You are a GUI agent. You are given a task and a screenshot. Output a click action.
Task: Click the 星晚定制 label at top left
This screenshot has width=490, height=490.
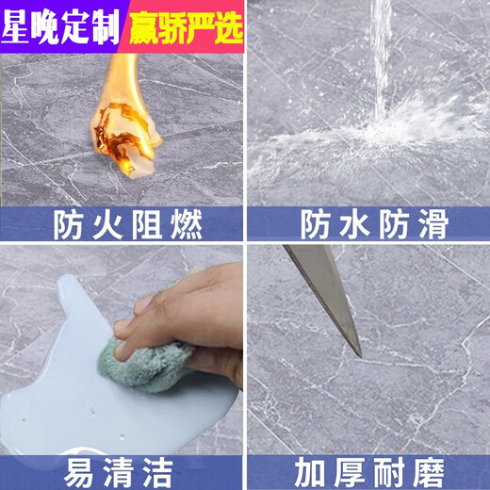[x=60, y=26]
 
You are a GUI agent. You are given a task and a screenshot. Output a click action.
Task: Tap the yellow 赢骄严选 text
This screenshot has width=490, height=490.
[x=185, y=26]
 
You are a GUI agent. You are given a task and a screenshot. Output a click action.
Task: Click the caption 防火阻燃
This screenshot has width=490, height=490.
[x=122, y=225]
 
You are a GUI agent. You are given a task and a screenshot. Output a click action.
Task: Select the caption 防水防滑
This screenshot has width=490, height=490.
[x=368, y=225]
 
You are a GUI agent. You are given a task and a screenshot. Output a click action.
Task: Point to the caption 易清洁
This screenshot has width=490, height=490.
[x=122, y=468]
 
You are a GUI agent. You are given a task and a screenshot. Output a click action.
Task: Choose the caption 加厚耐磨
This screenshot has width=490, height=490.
[x=368, y=468]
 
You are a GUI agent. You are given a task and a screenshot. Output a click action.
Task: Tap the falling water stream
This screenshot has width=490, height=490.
[x=381, y=57]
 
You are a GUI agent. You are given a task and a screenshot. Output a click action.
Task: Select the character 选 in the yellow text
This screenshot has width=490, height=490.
[x=229, y=26]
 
